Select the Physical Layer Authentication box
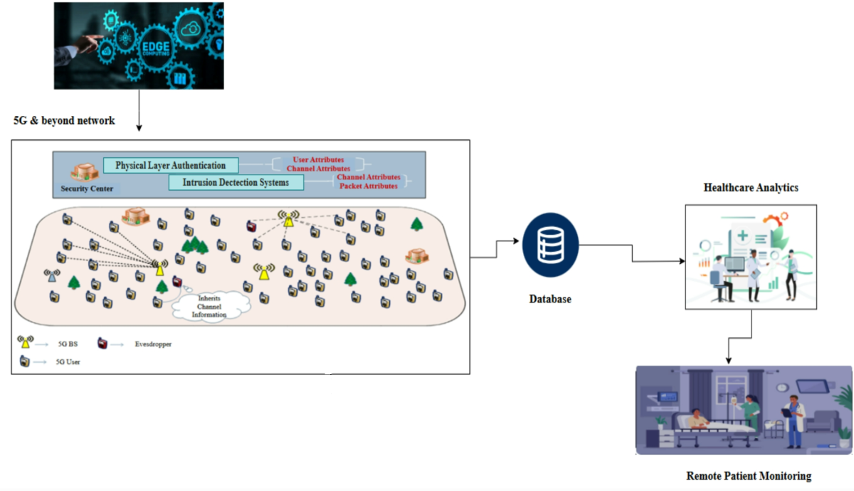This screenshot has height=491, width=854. click(x=170, y=165)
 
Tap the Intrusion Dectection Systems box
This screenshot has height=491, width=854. click(x=236, y=183)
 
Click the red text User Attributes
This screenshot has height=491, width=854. click(x=318, y=160)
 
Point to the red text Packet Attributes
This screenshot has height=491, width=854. click(x=367, y=186)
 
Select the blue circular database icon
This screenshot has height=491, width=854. click(x=550, y=245)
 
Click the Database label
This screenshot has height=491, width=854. click(x=549, y=300)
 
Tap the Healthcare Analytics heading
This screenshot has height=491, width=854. click(x=751, y=188)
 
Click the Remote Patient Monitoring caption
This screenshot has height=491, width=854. click(x=749, y=476)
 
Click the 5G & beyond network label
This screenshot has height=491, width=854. click(x=64, y=121)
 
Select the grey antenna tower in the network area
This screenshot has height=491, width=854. click(x=51, y=276)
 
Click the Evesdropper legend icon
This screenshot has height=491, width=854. click(x=103, y=344)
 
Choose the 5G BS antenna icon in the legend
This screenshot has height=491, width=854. click(x=26, y=342)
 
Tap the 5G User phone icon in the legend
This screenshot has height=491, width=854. click(x=26, y=361)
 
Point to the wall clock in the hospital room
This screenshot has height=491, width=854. click(x=782, y=388)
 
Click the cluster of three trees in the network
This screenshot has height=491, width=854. click(x=194, y=246)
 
